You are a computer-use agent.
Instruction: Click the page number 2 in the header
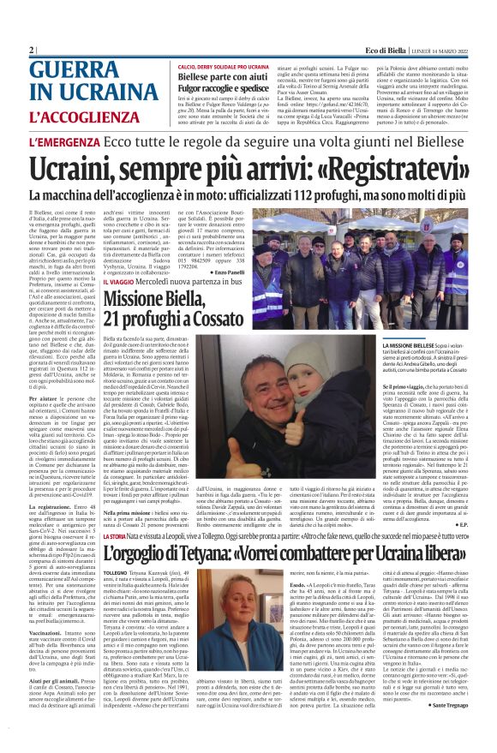[x=32, y=51]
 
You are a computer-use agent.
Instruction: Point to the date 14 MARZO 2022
[x=445, y=51]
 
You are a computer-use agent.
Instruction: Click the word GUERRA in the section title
[x=76, y=71]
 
